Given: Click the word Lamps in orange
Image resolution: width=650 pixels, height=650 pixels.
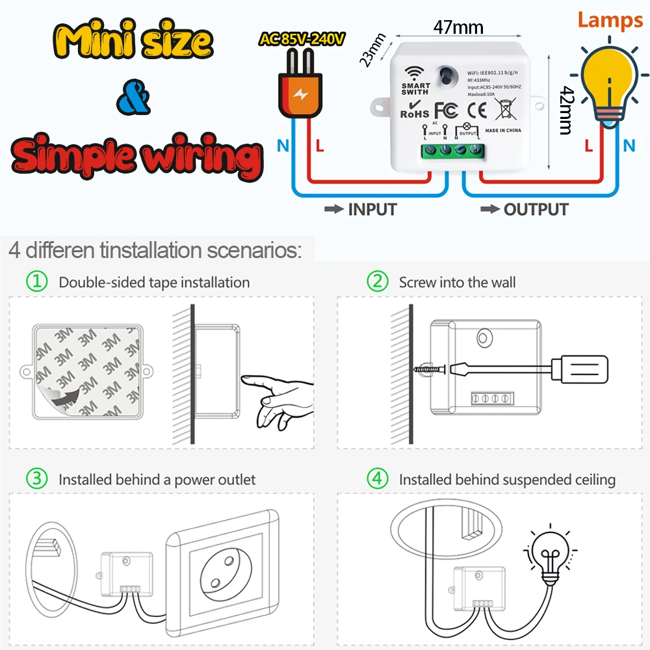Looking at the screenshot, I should click(610, 19).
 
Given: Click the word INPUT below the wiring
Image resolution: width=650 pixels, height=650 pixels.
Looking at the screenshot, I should click(372, 209).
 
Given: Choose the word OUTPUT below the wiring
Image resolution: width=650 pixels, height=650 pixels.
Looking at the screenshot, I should click(536, 209).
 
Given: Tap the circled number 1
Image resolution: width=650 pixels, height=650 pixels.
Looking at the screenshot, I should click(37, 282).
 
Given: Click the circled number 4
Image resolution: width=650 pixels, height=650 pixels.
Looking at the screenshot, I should click(378, 480).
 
